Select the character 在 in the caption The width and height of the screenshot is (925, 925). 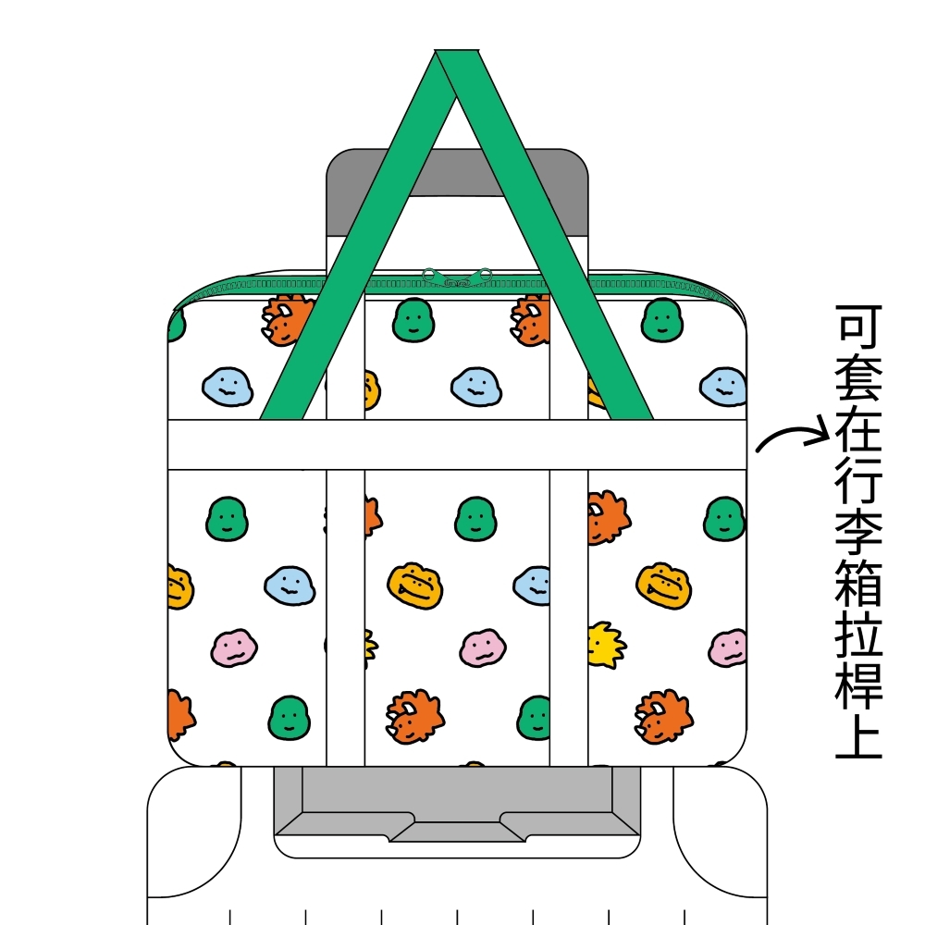coord(859,432)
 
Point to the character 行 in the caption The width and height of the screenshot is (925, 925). coord(859,486)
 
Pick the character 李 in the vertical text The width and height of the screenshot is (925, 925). coord(859,539)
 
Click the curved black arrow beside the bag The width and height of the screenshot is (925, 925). coord(791,436)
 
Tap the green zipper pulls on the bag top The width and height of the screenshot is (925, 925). coord(457,276)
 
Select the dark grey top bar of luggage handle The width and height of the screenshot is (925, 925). coord(457,170)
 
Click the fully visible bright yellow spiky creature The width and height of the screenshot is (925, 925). coord(605,645)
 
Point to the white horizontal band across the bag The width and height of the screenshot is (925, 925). coord(457,445)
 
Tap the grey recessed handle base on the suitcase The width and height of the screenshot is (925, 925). coord(457,805)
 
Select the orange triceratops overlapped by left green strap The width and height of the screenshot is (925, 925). coord(287,319)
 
